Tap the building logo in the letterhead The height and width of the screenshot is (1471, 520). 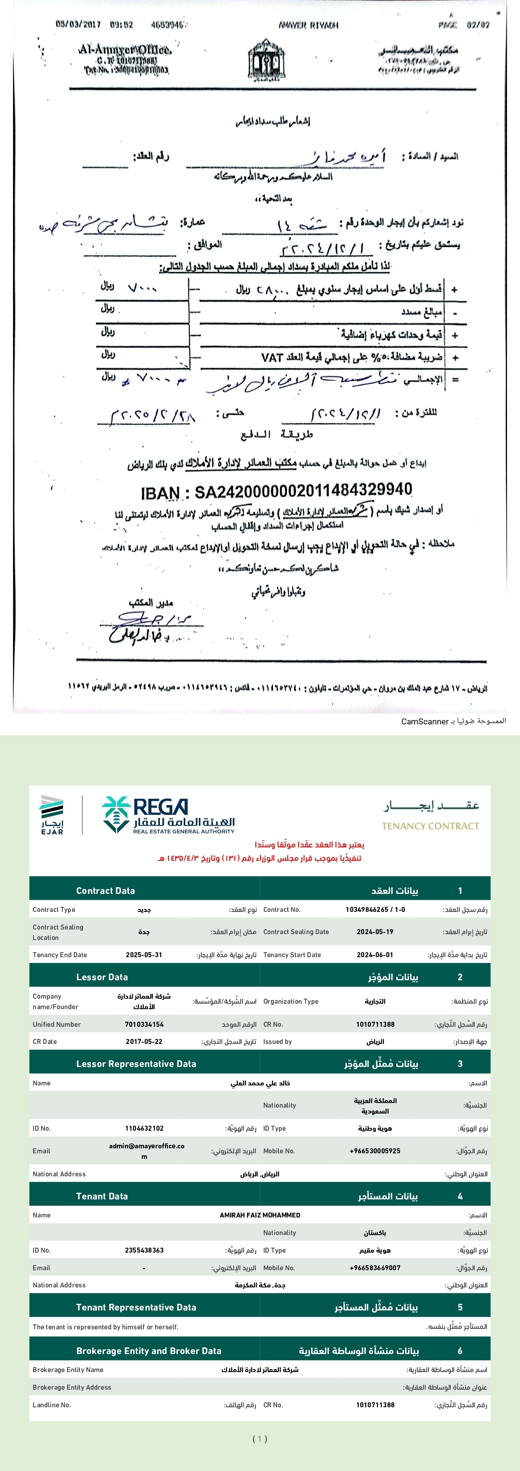point(266,60)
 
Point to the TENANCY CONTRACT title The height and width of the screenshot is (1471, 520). point(430,826)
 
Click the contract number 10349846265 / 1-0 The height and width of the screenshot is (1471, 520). point(375,910)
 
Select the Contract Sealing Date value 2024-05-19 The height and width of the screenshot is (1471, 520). point(375,931)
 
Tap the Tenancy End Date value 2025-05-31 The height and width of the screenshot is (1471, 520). point(144,955)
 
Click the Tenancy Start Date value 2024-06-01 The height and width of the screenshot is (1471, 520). point(375,955)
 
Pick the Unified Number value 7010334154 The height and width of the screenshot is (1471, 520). point(144,1024)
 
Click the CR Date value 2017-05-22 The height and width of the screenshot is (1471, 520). point(144,1041)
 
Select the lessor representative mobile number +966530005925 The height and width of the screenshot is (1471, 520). point(375,1151)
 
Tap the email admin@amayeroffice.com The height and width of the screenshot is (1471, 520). point(146,1151)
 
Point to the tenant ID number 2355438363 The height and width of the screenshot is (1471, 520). point(144,1250)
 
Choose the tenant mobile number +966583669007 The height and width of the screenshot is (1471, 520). point(375,1268)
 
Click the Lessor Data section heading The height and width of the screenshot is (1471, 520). point(102,977)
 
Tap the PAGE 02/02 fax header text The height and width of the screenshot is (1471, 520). point(464,25)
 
